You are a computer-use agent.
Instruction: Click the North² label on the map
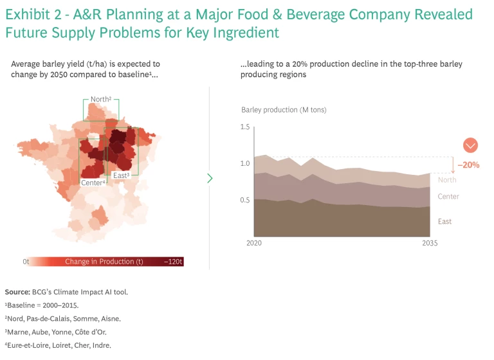pyautogui.click(x=101, y=99)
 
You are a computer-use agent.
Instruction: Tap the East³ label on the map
pyautogui.click(x=122, y=175)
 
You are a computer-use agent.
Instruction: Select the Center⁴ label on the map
pyautogui.click(x=93, y=183)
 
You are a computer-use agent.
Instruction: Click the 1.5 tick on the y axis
pyautogui.click(x=244, y=127)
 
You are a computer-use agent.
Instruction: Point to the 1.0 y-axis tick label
pyautogui.click(x=244, y=163)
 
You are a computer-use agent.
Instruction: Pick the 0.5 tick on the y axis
pyautogui.click(x=244, y=200)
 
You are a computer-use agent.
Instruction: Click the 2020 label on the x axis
pyautogui.click(x=255, y=244)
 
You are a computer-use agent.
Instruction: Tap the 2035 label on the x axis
pyautogui.click(x=429, y=244)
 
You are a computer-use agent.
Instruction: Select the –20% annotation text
pyautogui.click(x=469, y=165)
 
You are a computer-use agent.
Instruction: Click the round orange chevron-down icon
pyautogui.click(x=470, y=145)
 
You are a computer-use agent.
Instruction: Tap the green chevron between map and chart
pyautogui.click(x=210, y=178)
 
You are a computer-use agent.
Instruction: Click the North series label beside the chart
pyautogui.click(x=447, y=180)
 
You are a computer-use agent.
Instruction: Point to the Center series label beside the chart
pyautogui.click(x=448, y=196)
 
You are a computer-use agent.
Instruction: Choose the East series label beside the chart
pyautogui.click(x=444, y=221)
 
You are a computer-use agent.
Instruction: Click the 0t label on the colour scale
pyautogui.click(x=26, y=262)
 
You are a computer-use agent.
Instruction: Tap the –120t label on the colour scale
pyautogui.click(x=173, y=262)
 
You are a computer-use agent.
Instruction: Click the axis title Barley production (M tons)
pyautogui.click(x=284, y=110)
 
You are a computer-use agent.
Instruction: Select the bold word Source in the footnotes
pyautogui.click(x=17, y=292)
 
